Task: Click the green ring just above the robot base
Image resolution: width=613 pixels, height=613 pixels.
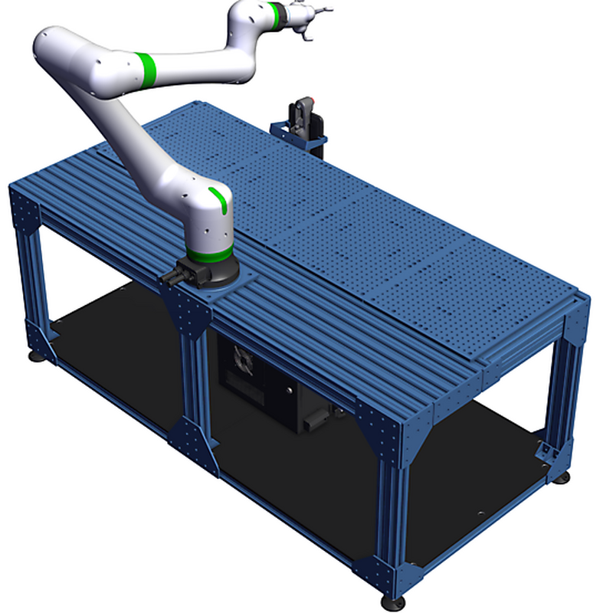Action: (208, 254)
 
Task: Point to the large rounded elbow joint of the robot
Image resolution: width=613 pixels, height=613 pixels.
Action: (65, 57)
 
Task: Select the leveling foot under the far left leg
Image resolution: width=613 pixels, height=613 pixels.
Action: (35, 355)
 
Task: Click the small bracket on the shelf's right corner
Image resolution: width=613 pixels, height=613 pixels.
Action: (547, 450)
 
